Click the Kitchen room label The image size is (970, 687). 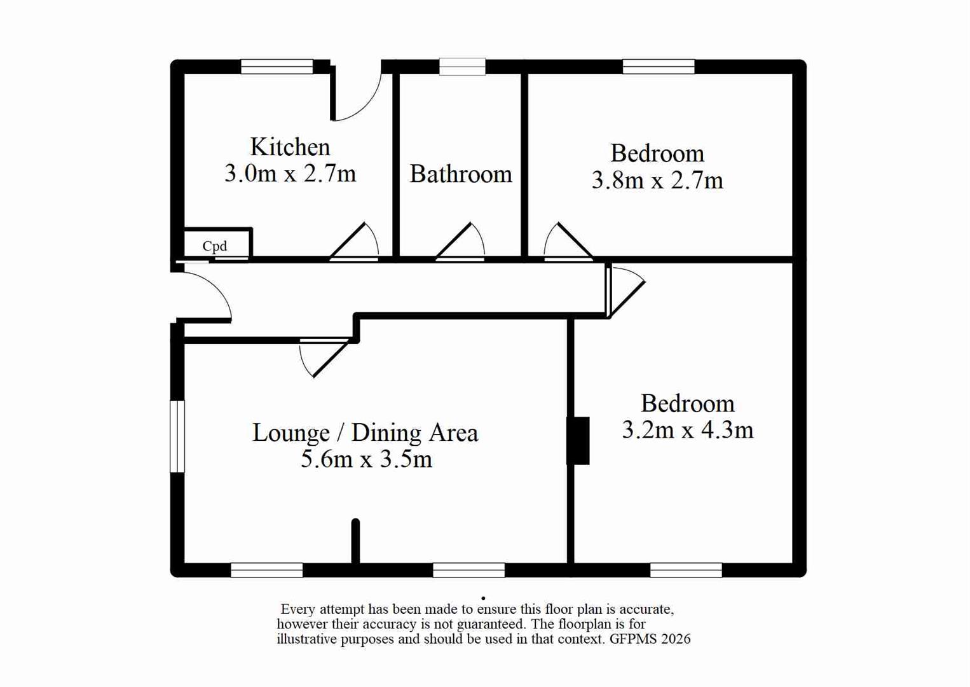pos(290,147)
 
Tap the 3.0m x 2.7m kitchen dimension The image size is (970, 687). pos(290,174)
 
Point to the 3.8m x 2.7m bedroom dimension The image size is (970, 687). pos(657,180)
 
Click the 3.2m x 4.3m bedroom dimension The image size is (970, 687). pos(688,430)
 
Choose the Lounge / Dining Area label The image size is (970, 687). pos(365,433)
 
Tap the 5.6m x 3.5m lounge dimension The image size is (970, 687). pos(366,459)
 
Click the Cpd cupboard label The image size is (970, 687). pos(215,246)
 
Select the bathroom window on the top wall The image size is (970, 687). pos(463,67)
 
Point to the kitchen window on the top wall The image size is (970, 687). pos(277,67)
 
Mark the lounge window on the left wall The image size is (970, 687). pos(177,436)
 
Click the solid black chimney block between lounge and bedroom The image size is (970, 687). pos(578,441)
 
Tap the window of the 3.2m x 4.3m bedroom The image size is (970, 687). pos(686,570)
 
